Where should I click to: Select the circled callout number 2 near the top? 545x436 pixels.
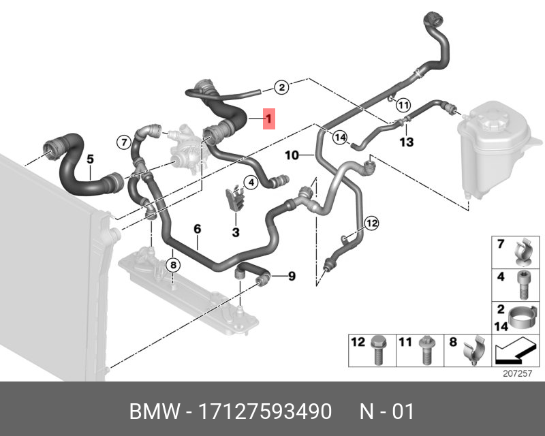point(282,87)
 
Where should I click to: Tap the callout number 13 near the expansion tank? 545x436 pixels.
point(407,142)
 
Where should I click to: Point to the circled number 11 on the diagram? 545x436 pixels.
point(403,105)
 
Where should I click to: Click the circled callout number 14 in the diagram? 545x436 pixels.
point(339,136)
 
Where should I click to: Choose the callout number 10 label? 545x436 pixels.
point(292,155)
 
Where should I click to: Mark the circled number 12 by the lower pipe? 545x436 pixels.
point(371,223)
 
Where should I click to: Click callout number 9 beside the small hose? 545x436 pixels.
point(291,276)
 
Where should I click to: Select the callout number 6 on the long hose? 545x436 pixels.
point(198,230)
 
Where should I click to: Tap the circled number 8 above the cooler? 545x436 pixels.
point(173,264)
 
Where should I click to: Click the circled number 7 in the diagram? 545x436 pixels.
point(123,142)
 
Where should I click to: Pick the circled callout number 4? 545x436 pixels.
point(251,182)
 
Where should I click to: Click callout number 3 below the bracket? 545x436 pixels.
point(236,232)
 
